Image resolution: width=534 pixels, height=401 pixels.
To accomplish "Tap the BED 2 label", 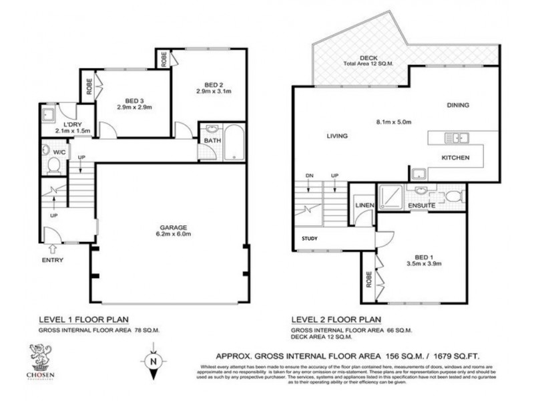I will coord(213,85).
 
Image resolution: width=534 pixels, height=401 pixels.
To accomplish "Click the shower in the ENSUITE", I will coord(390,196).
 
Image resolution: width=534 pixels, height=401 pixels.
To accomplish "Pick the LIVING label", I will coord(338,136).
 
